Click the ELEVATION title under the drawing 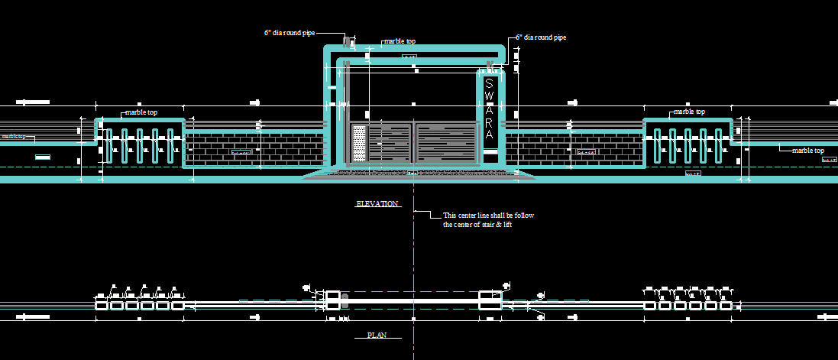(x=377, y=204)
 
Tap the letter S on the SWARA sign (x=490, y=83)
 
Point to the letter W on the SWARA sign (x=490, y=97)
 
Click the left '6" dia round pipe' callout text (x=289, y=33)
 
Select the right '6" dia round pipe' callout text (x=541, y=37)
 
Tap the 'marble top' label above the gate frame (x=404, y=42)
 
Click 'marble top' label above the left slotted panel (x=141, y=112)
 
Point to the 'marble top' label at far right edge (x=807, y=151)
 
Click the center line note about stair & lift (x=488, y=220)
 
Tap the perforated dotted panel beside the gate (x=358, y=143)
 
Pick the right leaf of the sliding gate (x=445, y=143)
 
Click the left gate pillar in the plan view (x=333, y=299)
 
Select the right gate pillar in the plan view (x=490, y=299)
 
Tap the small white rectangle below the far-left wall (x=43, y=157)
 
